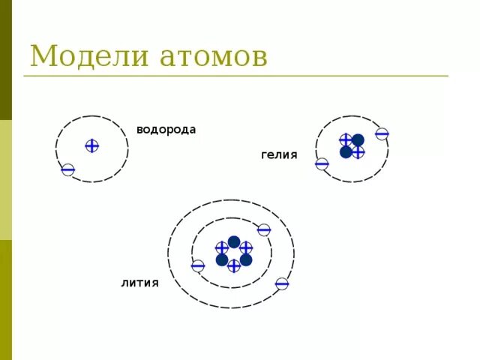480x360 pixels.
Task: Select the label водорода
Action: click(166, 130)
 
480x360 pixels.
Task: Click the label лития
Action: click(139, 283)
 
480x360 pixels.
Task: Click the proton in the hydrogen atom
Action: click(91, 145)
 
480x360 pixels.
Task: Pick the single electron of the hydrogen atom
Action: click(68, 170)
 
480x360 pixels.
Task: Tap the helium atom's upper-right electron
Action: click(382, 133)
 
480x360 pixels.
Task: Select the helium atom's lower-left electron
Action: click(322, 163)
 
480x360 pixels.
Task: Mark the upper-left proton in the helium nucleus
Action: click(346, 139)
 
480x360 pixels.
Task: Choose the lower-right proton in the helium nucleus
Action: click(358, 152)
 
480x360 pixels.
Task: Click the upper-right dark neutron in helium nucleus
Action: click(358, 139)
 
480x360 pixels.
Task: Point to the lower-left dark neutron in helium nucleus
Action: click(346, 152)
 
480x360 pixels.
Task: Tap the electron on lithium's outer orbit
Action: click(282, 283)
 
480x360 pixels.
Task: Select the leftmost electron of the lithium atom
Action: click(198, 265)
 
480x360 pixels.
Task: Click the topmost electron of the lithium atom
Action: click(263, 229)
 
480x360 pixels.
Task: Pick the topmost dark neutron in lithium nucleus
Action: click(234, 241)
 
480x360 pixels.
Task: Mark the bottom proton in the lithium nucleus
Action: click(234, 265)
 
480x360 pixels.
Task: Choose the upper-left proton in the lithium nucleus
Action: click(222, 247)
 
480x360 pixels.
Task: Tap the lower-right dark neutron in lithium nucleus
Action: click(246, 259)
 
